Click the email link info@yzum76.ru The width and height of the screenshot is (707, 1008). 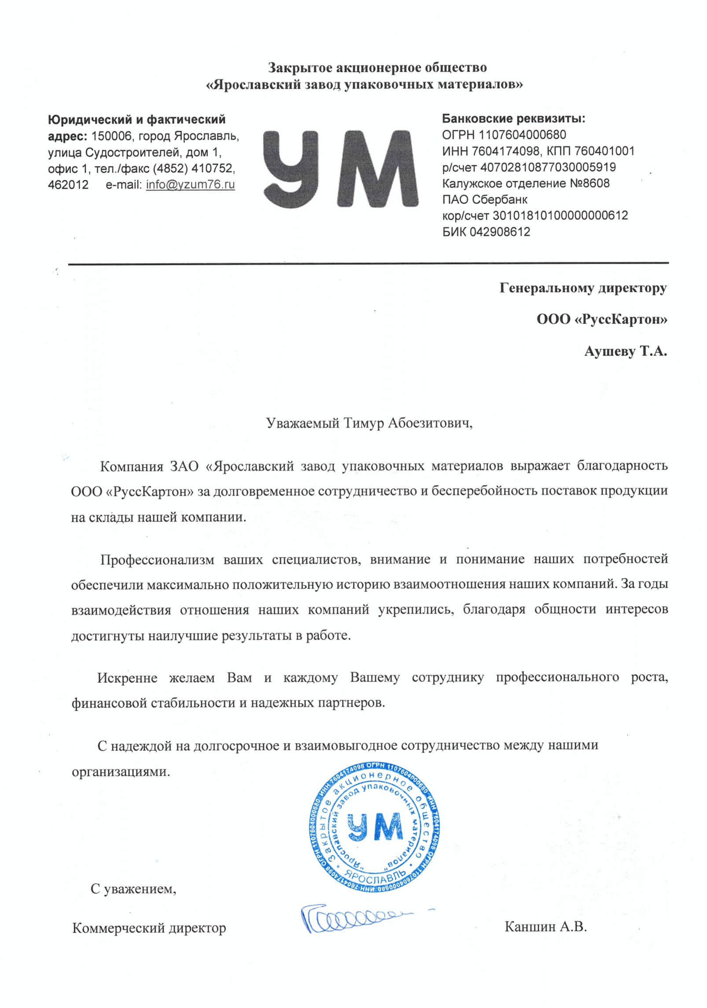tap(190, 184)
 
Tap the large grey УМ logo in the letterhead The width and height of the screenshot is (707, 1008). tap(340, 169)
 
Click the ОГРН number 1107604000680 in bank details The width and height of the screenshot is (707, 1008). tap(522, 135)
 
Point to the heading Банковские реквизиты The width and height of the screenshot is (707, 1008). tap(514, 118)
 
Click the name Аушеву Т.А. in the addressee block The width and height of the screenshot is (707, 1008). tap(626, 351)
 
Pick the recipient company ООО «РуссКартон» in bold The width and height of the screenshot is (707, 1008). tap(601, 319)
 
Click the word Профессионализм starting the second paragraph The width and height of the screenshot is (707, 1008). tap(157, 559)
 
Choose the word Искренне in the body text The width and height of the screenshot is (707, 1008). tap(127, 677)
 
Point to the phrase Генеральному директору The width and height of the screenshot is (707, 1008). tap(583, 288)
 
